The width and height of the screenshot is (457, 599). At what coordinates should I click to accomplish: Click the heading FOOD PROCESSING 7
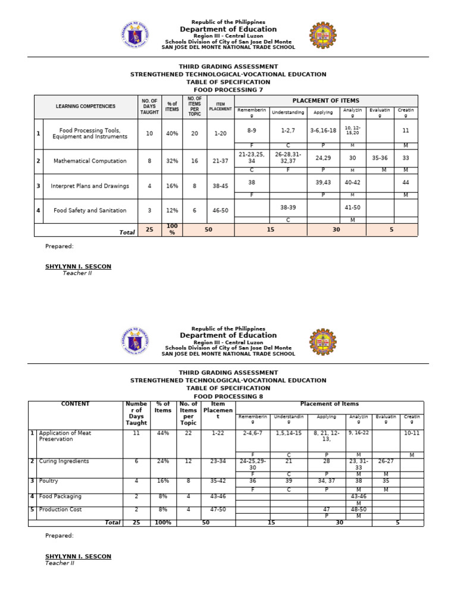(x=228, y=90)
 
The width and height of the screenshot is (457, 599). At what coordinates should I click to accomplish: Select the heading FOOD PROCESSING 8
(x=228, y=396)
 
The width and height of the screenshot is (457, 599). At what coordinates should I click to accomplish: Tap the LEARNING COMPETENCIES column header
(x=86, y=107)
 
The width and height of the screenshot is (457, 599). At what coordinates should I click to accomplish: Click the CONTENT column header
(x=75, y=404)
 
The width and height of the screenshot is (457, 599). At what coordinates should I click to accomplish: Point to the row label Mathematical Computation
(x=90, y=161)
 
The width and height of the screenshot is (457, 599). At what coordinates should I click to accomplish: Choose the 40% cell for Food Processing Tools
(x=172, y=134)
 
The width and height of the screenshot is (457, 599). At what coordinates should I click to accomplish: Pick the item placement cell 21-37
(x=220, y=161)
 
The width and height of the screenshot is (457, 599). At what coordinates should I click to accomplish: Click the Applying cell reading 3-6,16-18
(x=323, y=130)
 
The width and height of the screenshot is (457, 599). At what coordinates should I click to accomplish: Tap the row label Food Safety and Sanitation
(x=90, y=210)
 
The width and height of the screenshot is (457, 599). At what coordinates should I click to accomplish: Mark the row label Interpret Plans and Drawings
(x=90, y=186)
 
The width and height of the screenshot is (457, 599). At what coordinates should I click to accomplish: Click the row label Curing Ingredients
(x=64, y=461)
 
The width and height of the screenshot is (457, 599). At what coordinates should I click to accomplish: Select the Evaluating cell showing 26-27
(x=386, y=461)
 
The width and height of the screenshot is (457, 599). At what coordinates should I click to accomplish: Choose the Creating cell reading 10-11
(x=411, y=433)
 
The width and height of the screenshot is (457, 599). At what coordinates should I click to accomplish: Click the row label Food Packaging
(x=60, y=496)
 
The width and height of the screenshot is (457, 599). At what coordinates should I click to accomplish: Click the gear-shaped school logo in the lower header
(x=325, y=342)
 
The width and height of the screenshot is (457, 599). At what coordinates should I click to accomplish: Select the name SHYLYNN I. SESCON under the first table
(x=78, y=267)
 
